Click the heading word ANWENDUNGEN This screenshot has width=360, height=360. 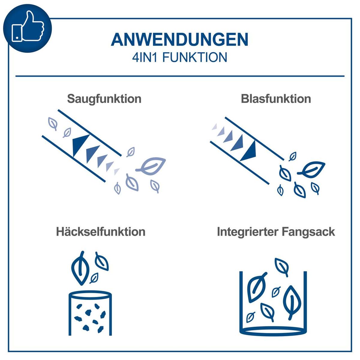tap(180, 39)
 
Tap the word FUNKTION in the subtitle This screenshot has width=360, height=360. tap(195, 57)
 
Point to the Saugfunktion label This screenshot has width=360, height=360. tap(104, 99)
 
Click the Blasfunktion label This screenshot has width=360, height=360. tap(276, 99)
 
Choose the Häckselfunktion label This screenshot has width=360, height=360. tap(100, 232)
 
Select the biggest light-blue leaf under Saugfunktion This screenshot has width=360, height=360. tap(152, 165)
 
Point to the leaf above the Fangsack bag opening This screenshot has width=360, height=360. tap(282, 266)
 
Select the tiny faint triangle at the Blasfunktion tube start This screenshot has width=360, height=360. tap(214, 127)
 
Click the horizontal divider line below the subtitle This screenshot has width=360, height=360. tap(180, 76)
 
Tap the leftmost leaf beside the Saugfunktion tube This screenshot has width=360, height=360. tap(53, 123)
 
